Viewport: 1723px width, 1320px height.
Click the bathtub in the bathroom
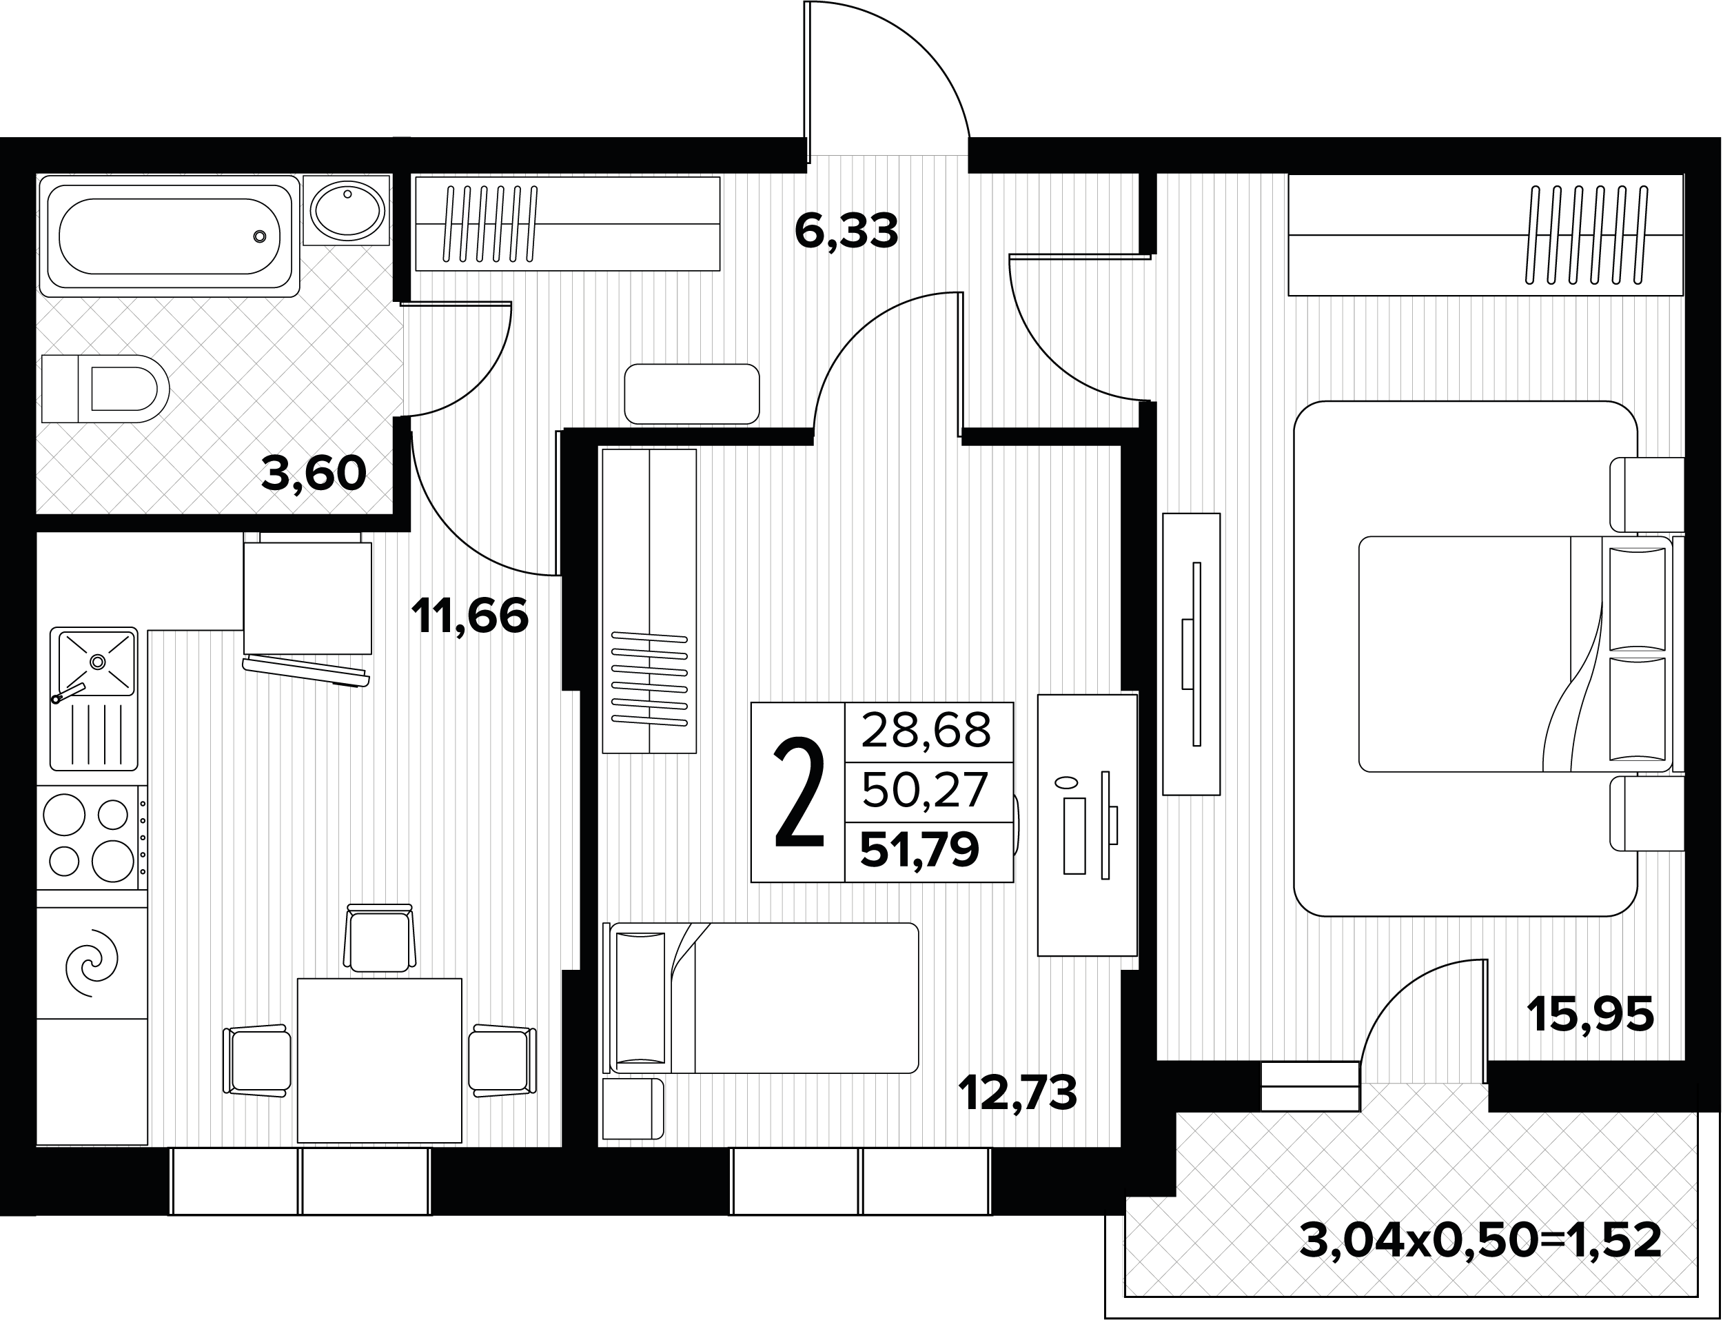(x=169, y=236)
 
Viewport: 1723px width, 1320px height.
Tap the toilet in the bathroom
(x=105, y=389)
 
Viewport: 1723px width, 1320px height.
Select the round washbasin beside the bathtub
(x=347, y=210)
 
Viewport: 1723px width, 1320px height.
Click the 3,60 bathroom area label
(x=314, y=473)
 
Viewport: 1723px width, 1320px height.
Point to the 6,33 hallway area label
(x=846, y=231)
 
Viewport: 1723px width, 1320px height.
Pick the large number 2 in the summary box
(x=799, y=793)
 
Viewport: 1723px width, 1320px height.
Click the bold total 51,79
(x=919, y=849)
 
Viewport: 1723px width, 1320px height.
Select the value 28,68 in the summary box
(x=926, y=730)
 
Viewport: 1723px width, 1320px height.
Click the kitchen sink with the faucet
(x=94, y=698)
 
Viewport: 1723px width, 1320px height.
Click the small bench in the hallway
(x=691, y=394)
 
